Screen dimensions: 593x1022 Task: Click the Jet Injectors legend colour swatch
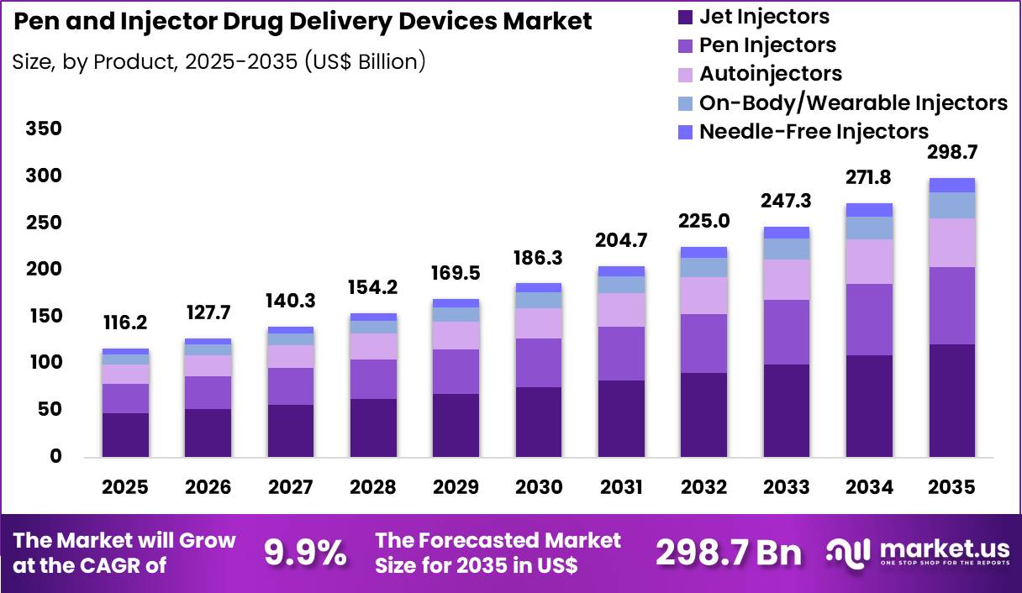(685, 16)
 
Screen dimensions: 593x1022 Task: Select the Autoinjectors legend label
(771, 74)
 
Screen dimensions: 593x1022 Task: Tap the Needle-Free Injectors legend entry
(814, 131)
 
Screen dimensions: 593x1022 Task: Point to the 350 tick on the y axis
(44, 129)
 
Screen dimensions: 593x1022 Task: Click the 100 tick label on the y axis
(44, 363)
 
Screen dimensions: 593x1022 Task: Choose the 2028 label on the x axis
(373, 488)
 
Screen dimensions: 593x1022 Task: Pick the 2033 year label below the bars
(786, 488)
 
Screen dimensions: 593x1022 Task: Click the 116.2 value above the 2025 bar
(126, 322)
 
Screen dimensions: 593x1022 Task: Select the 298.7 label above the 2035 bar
(951, 152)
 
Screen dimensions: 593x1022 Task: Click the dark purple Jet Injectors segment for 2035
(951, 401)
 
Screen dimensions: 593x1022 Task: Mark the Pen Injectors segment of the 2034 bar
(869, 319)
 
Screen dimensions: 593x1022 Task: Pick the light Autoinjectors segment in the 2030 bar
(539, 323)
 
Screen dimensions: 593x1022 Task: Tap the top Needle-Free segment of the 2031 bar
(621, 271)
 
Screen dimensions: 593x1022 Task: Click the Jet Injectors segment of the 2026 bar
(208, 433)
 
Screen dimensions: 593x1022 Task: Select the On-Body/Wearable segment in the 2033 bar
(786, 249)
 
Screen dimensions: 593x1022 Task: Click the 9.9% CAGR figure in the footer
(306, 552)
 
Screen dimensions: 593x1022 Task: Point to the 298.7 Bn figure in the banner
(728, 552)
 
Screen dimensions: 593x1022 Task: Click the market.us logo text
(943, 548)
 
